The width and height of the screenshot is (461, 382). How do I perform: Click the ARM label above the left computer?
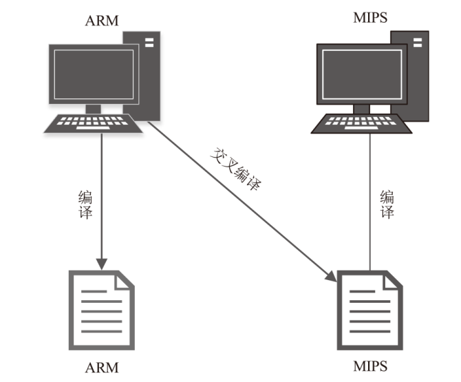point(102,21)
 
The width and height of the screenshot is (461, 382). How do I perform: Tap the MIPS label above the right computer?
point(369,17)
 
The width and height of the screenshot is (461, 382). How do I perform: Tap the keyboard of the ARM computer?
point(94,123)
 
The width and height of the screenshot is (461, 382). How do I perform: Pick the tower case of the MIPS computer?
point(417,76)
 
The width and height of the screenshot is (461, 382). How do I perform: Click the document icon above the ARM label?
point(101,310)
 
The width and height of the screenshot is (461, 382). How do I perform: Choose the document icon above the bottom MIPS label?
point(369,310)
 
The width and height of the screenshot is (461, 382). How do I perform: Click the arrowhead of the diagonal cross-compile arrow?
point(332,277)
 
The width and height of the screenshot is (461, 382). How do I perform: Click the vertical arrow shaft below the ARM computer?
point(102,200)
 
